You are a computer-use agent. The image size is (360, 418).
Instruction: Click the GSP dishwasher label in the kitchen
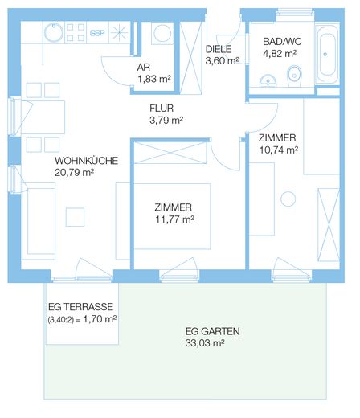tap(97, 33)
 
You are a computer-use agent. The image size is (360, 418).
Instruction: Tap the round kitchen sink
tap(54, 33)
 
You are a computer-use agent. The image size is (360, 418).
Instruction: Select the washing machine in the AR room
tap(162, 33)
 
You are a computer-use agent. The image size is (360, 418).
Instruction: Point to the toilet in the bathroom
tap(294, 76)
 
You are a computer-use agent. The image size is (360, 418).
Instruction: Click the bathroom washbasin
tap(268, 81)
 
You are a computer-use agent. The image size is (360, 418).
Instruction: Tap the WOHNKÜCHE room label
tap(87, 161)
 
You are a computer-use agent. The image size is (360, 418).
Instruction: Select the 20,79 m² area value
tap(74, 173)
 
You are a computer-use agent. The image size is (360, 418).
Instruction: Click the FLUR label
tap(162, 109)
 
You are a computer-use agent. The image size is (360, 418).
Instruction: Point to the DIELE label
tap(219, 49)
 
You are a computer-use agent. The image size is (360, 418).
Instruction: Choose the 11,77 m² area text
tap(175, 219)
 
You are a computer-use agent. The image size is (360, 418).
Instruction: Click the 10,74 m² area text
tap(279, 150)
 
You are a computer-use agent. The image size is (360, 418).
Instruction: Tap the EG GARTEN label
tap(212, 331)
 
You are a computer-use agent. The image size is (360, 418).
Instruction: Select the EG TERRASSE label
tap(80, 307)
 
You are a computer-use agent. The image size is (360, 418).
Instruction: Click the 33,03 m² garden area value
tap(205, 343)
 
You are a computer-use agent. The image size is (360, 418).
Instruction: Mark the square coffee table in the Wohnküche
tap(75, 217)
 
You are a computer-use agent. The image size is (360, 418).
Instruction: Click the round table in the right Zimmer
tap(288, 199)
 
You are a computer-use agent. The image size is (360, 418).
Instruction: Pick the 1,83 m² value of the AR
tap(154, 79)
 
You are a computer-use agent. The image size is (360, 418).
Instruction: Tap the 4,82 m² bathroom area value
tap(280, 54)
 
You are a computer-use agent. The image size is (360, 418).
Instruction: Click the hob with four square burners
tap(76, 33)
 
